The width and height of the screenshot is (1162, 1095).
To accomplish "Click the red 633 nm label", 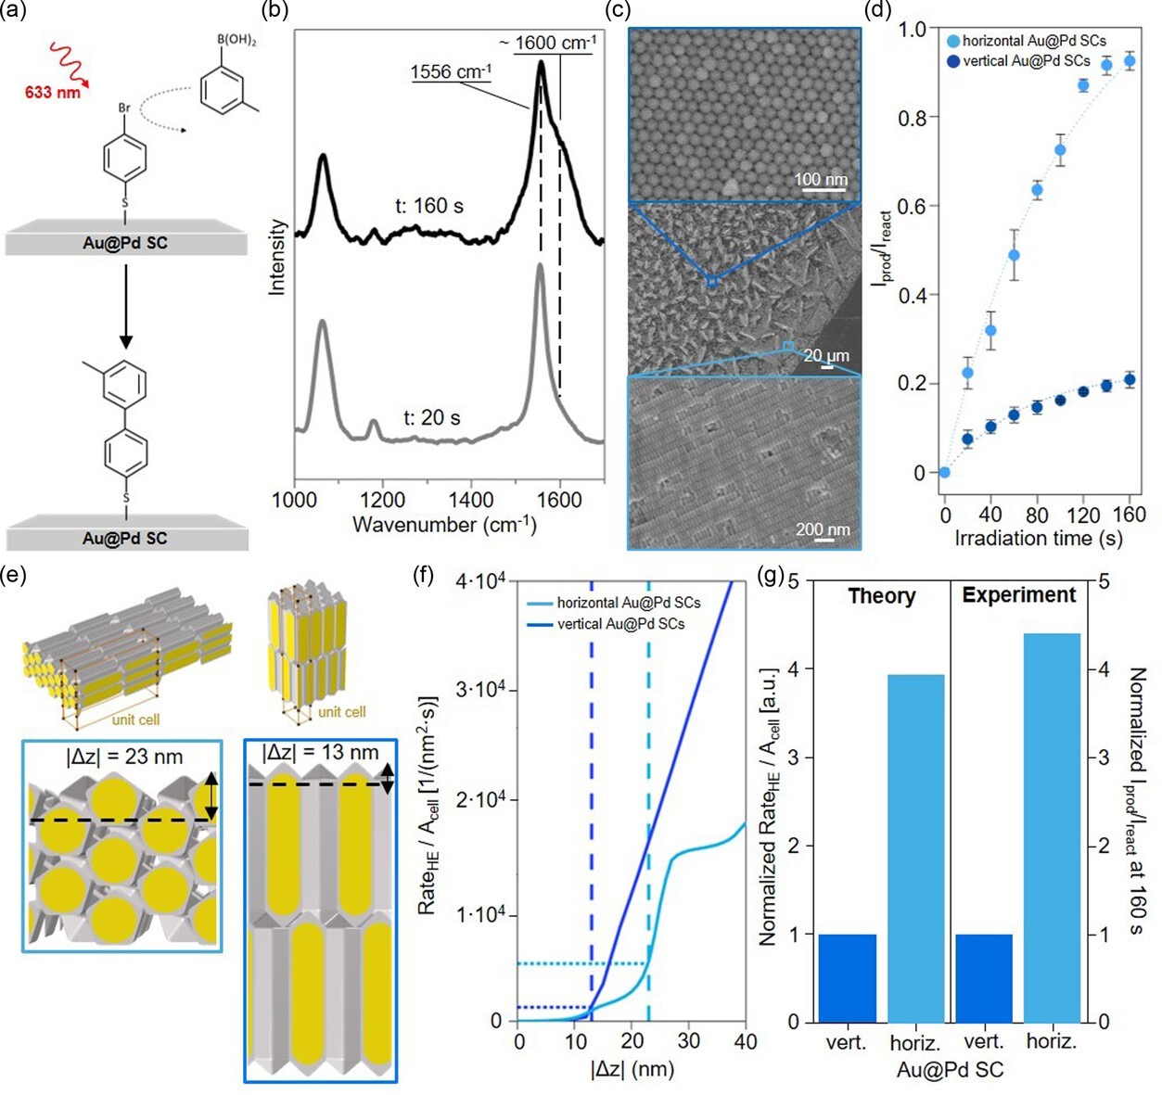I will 53,92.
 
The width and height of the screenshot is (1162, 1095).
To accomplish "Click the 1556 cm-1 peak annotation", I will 451,71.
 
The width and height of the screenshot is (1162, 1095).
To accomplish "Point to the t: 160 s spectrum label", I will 429,206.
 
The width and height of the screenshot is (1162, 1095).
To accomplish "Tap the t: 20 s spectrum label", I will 431,418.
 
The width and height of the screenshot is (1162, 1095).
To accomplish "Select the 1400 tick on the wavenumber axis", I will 471,500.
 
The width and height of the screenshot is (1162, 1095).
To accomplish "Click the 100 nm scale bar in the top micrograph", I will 821,180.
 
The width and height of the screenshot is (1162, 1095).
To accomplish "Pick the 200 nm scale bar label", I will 823,530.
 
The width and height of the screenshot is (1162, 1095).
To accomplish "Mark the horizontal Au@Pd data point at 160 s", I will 1129,61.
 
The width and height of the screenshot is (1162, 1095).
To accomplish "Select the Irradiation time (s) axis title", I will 1038,538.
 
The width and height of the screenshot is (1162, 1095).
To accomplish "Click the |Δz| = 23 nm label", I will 124,757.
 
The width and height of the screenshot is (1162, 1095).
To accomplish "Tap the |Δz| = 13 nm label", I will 320,752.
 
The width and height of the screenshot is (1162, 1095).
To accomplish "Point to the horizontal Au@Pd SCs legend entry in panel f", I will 628,603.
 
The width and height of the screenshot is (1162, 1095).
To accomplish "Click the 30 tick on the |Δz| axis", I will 689,1041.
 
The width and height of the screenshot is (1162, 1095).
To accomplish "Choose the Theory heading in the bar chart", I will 881,596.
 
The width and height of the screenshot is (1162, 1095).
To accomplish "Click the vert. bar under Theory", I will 847,977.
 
